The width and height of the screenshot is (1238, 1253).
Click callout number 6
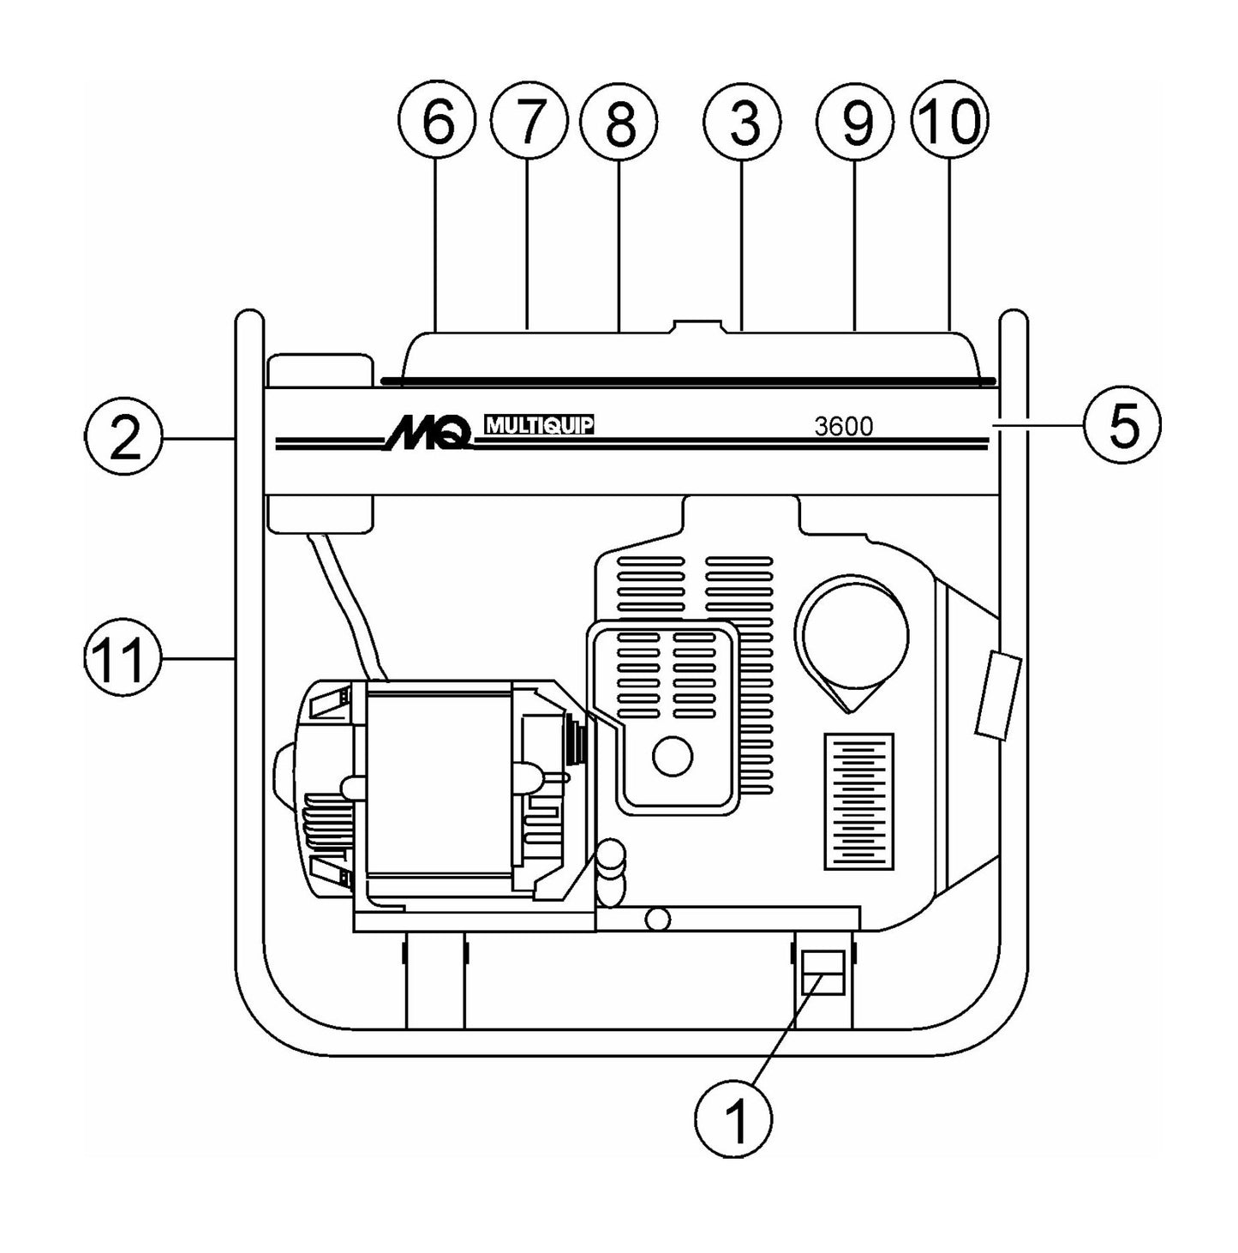(436, 122)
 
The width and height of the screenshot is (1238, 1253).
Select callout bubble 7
(529, 122)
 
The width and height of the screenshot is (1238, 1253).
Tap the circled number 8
(619, 122)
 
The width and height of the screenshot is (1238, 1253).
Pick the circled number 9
(855, 122)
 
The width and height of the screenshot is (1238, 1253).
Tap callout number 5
(1122, 424)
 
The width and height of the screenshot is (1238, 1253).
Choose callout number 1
(734, 1115)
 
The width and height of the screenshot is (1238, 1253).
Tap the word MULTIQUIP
(539, 424)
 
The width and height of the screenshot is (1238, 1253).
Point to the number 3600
(843, 426)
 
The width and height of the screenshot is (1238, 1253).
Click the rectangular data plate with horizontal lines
(858, 801)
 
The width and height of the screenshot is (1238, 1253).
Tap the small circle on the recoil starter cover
(673, 757)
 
